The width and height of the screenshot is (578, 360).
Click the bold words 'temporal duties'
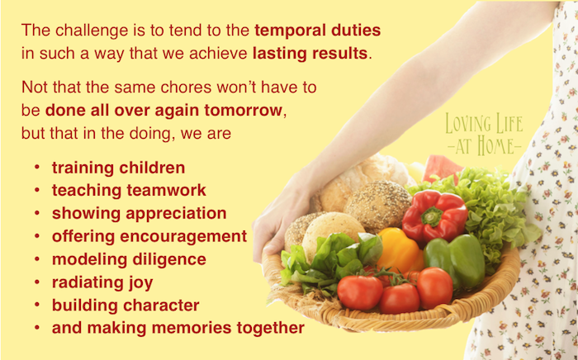click(317, 31)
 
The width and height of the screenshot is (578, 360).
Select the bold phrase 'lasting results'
click(310, 54)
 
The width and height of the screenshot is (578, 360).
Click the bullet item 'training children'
click(118, 168)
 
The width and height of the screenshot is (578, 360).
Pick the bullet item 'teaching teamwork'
click(129, 191)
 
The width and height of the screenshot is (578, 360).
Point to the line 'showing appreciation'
click(140, 214)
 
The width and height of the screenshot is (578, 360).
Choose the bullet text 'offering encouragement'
click(149, 237)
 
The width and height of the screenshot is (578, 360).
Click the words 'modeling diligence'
click(129, 259)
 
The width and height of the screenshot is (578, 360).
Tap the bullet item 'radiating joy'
click(102, 282)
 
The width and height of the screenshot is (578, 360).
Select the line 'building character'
click(126, 306)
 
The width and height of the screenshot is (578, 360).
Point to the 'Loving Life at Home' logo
click(484, 134)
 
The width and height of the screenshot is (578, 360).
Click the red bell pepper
click(434, 216)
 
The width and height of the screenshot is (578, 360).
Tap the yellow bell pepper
click(399, 250)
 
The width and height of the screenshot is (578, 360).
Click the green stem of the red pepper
click(432, 216)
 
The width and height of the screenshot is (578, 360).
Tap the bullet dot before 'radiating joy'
click(37, 282)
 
